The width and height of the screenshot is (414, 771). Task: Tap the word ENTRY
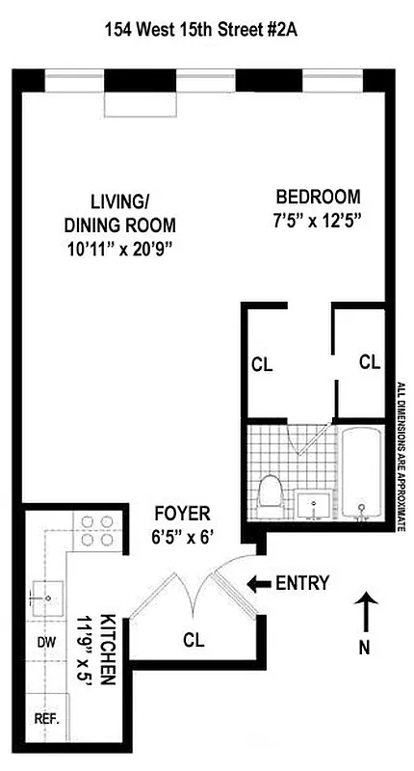point(302,582)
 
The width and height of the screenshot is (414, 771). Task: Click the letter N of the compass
point(365,648)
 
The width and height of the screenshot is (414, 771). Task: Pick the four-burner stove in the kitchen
point(93,531)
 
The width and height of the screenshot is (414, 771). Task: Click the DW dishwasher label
point(42,641)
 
